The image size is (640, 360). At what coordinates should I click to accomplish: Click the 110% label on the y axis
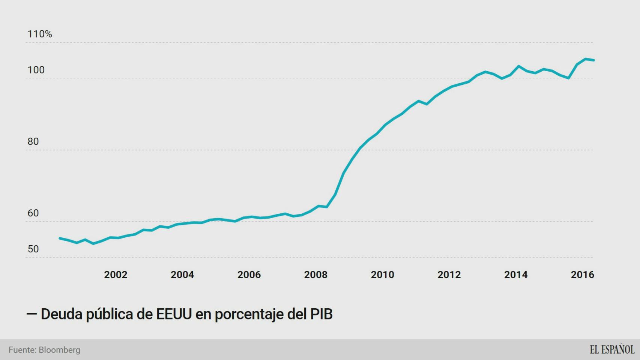[x=40, y=34]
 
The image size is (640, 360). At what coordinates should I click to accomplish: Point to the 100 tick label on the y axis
[x=36, y=70]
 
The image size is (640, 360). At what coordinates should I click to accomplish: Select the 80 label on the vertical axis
[x=33, y=142]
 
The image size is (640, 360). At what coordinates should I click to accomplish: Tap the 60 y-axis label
[x=33, y=213]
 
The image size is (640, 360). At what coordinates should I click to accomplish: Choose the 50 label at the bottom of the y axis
[x=33, y=249]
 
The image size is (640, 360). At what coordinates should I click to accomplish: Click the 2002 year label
[x=116, y=275]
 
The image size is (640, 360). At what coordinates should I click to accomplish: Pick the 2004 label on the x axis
[x=182, y=275]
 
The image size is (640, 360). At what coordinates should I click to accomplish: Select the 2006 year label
[x=249, y=275]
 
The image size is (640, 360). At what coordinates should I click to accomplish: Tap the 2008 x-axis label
[x=315, y=275]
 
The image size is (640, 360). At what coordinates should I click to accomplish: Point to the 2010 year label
[x=382, y=275]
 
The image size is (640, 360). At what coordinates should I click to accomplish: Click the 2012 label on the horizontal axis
[x=449, y=275]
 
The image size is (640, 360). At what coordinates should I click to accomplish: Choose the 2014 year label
[x=516, y=275]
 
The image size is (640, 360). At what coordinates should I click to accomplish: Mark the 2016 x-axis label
[x=582, y=275]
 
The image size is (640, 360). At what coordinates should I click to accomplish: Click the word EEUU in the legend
[x=174, y=314]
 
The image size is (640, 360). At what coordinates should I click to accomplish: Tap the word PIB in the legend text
[x=321, y=314]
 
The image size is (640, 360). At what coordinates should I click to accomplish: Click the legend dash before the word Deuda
[x=32, y=314]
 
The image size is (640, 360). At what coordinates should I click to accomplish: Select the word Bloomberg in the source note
[x=59, y=350]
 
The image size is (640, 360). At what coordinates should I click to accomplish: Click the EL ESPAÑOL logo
[x=612, y=349]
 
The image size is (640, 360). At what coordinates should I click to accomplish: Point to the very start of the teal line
[x=60, y=238]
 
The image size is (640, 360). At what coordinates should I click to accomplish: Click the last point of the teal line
[x=593, y=60]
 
